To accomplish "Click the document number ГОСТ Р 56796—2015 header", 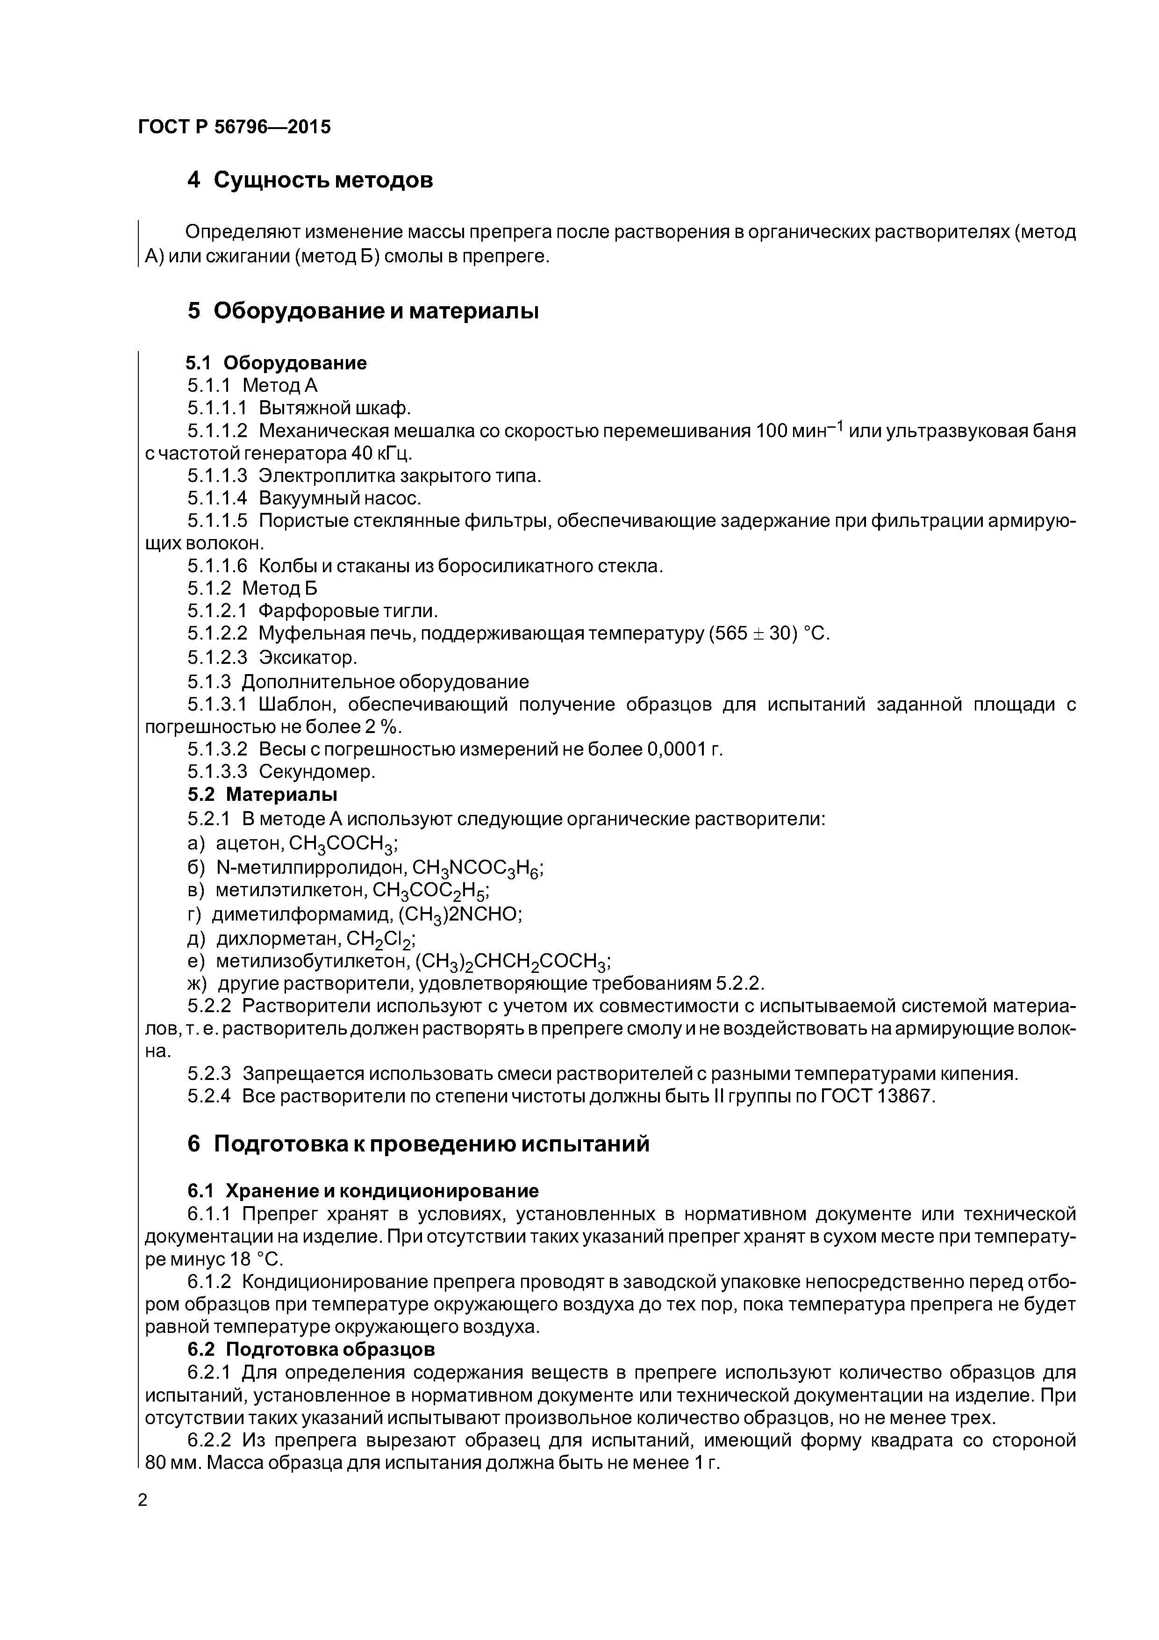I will tap(234, 127).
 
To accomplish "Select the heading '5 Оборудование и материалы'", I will tap(362, 311).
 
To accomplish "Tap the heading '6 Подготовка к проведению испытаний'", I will tap(418, 1144).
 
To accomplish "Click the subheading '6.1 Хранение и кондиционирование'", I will tap(363, 1191).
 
